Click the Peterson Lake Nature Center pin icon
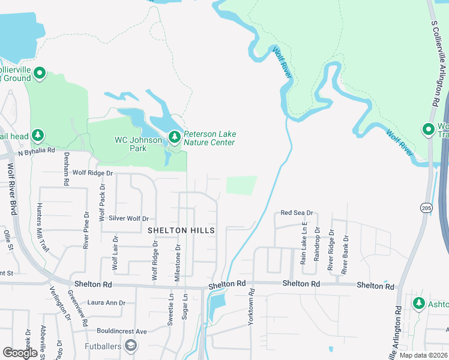(x=175, y=137)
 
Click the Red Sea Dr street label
(x=297, y=213)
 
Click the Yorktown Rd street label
(x=252, y=307)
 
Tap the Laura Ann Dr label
(x=106, y=303)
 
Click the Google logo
(x=20, y=353)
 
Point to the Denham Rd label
(x=67, y=168)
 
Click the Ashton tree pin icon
(x=418, y=303)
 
